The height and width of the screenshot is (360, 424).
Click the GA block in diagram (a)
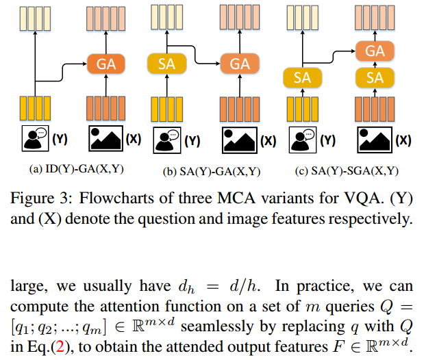(105, 64)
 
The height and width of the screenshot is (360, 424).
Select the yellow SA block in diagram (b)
(166, 64)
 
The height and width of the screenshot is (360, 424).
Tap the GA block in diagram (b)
(239, 64)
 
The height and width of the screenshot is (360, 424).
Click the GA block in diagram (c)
(375, 51)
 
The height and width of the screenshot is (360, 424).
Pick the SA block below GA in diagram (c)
(375, 77)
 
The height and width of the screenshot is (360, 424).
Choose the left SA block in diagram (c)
(302, 77)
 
